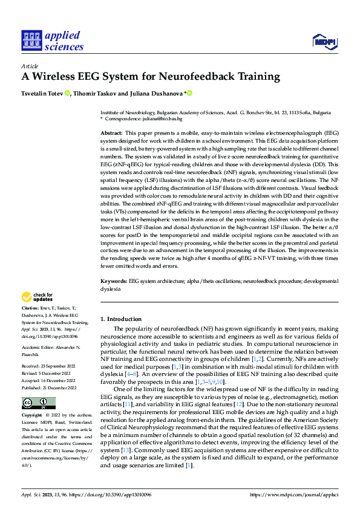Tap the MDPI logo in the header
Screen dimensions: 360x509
(324, 41)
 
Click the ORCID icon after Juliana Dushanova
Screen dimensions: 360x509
(189, 93)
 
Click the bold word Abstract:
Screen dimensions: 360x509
(111, 132)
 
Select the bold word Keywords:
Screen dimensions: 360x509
(114, 282)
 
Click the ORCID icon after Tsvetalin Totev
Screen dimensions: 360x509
(67, 93)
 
